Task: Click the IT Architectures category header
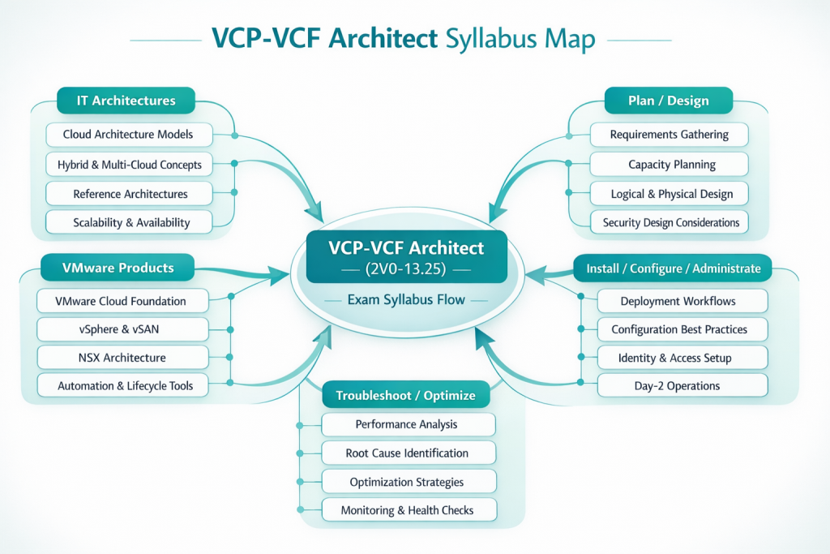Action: coord(126,101)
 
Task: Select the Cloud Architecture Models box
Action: coord(128,135)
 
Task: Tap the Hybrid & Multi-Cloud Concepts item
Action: coord(130,165)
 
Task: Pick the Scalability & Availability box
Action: coord(130,222)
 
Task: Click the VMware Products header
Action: coord(118,268)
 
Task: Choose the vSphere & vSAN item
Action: coord(121,329)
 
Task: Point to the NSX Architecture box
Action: coord(121,358)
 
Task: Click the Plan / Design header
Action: coord(668,101)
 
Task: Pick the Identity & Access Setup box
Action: coord(674,358)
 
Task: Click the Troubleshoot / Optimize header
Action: coord(405,396)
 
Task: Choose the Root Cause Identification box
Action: coord(407,453)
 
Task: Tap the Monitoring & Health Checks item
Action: coord(407,510)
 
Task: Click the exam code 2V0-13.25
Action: coord(407,269)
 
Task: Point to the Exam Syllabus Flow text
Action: coord(406,300)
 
